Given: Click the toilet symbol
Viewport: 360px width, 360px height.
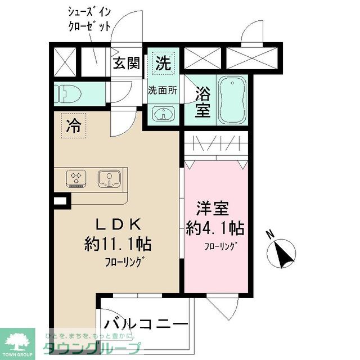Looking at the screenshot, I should [68, 93].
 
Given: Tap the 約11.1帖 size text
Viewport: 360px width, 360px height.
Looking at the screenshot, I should [118, 245].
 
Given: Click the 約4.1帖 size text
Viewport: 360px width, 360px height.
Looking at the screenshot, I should [215, 228].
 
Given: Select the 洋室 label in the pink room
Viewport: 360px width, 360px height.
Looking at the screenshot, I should [213, 208].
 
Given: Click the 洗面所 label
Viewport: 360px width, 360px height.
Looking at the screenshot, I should [163, 90].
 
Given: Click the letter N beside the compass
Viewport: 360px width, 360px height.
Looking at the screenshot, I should [271, 234].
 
